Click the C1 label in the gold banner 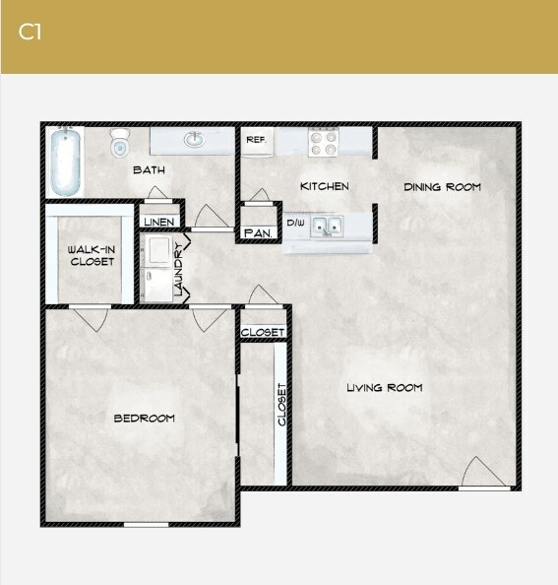click(30, 32)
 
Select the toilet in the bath click(120, 145)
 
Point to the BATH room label click(149, 170)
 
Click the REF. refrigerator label click(255, 141)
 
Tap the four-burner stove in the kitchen click(324, 143)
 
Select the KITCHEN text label click(324, 186)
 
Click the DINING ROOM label click(442, 186)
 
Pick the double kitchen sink click(328, 227)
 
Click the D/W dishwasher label click(295, 224)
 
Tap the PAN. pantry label click(258, 233)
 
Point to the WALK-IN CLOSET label click(91, 256)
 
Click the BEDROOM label click(144, 419)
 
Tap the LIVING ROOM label click(384, 388)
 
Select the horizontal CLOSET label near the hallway click(263, 333)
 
